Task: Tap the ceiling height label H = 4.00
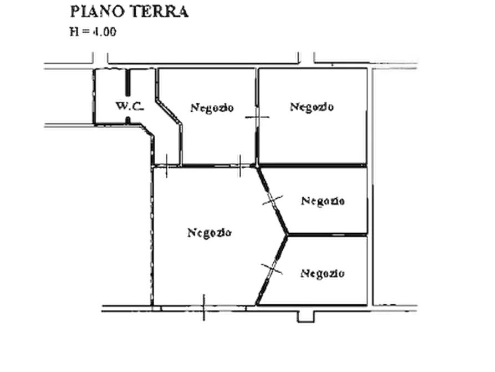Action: point(93,32)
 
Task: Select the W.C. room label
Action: point(130,106)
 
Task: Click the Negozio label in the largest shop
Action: point(210,233)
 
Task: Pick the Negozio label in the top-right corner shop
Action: point(312,107)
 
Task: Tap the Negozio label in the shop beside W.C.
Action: point(212,108)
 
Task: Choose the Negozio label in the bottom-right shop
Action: point(322,273)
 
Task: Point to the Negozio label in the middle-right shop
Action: point(323,201)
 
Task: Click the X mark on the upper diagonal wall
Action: point(273,200)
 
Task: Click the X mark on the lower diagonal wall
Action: point(272,269)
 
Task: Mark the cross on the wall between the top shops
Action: point(257,117)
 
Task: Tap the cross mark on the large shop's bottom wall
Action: point(203,308)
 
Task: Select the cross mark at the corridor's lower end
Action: point(166,166)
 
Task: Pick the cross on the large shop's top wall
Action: point(240,166)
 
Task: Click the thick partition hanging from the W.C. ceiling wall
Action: point(128,82)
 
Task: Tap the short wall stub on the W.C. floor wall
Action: point(128,120)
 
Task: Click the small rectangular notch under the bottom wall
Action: point(306,317)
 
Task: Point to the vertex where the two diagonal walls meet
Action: point(287,235)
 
